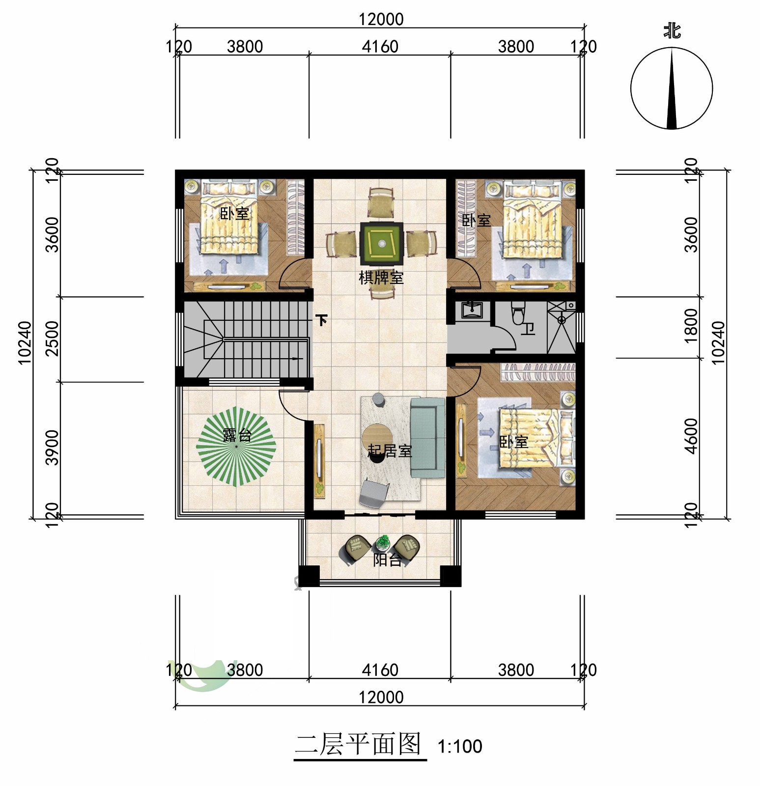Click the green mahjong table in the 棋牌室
click(x=382, y=244)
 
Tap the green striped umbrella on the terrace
click(x=236, y=447)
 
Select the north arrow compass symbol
click(x=672, y=88)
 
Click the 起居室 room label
click(x=390, y=450)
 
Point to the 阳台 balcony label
click(x=388, y=560)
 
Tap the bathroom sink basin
click(x=472, y=310)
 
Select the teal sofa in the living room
click(x=427, y=437)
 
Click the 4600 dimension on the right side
click(x=691, y=436)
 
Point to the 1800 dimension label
click(x=691, y=322)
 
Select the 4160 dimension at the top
click(x=380, y=47)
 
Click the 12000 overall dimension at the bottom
click(x=381, y=697)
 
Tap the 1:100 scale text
click(x=460, y=747)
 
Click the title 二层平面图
click(x=358, y=744)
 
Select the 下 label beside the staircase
click(x=322, y=320)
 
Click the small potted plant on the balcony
click(x=382, y=542)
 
